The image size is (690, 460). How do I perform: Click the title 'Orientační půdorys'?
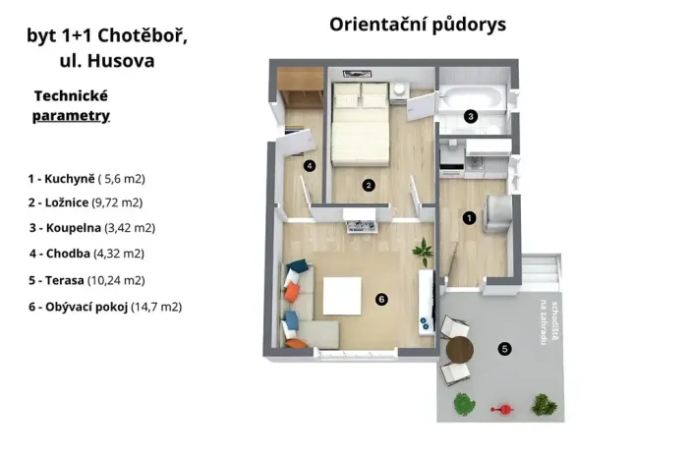coord(418,25)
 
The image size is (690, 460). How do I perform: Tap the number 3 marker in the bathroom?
coord(471,116)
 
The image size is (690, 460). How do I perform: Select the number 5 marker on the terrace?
coord(504,347)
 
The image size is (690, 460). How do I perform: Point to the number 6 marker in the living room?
coord(380,299)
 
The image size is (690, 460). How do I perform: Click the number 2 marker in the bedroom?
coord(368,184)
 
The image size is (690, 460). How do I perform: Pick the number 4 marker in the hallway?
coord(310,166)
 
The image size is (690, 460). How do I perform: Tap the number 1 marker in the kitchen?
coord(469,217)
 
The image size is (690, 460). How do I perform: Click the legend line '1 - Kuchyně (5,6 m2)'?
coord(86,179)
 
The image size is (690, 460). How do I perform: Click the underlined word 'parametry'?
coord(71,116)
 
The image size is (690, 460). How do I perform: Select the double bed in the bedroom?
coord(360,125)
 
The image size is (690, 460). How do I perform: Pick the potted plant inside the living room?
coord(424,252)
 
